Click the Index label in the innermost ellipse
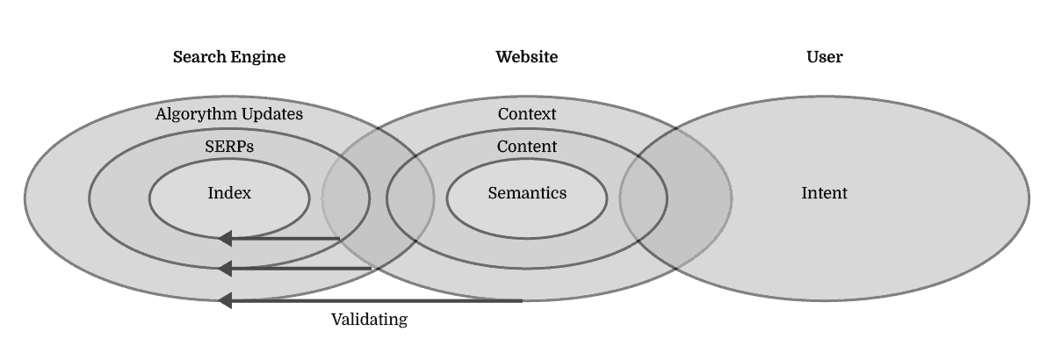click(x=229, y=193)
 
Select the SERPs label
click(x=229, y=147)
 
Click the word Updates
click(x=271, y=114)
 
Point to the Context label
click(x=527, y=114)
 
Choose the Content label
click(x=527, y=147)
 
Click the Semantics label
click(x=527, y=193)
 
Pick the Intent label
click(x=824, y=193)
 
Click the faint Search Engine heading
click(x=229, y=57)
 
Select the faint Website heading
click(x=527, y=57)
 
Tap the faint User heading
click(x=824, y=57)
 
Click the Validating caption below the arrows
click(x=369, y=320)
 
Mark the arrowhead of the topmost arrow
click(x=225, y=238)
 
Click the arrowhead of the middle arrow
click(x=225, y=268)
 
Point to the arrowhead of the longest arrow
click(x=225, y=300)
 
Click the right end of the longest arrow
click(x=522, y=300)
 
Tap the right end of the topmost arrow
click(x=338, y=238)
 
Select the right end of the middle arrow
click(x=372, y=268)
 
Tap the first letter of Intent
click(x=804, y=193)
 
